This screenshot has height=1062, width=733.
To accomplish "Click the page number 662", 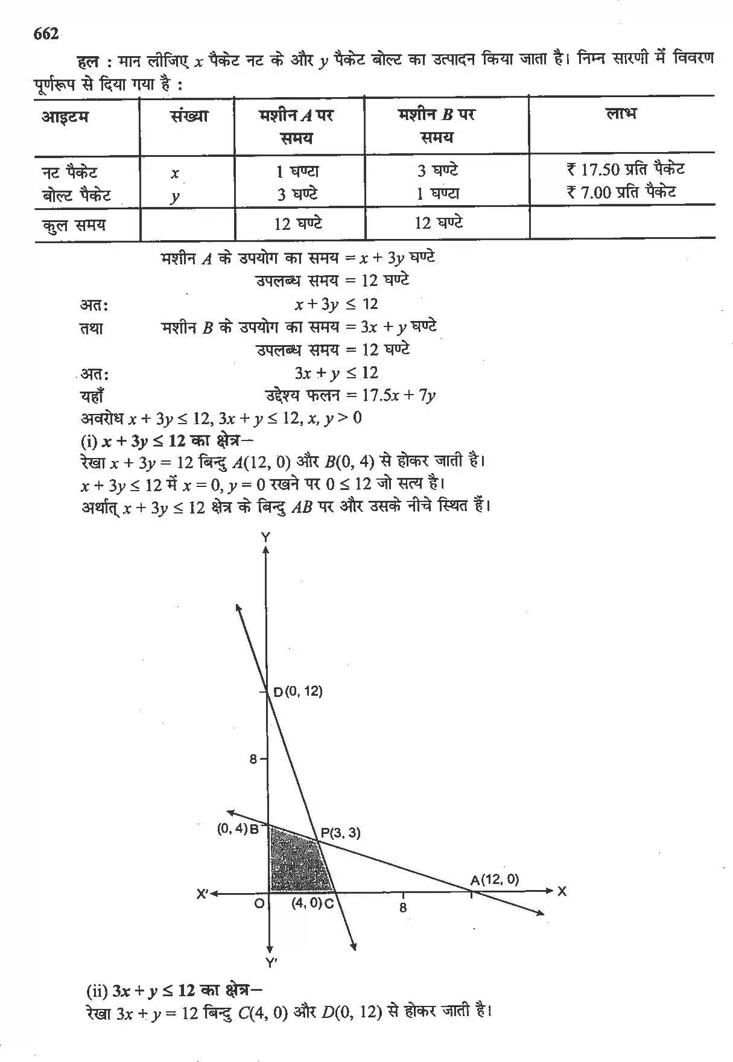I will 46,34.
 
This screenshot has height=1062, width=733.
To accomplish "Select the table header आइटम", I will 65,116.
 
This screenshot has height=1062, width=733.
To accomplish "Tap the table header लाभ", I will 621,113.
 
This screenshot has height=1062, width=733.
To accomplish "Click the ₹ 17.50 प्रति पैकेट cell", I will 626,170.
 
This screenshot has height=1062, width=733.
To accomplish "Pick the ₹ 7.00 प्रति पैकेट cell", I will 621,192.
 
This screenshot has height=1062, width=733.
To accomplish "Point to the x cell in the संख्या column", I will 175,174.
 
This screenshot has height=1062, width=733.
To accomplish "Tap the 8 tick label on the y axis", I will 254,759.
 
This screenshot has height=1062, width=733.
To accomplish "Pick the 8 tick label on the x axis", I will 403,908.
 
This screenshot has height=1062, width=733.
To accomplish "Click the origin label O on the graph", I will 259,904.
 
